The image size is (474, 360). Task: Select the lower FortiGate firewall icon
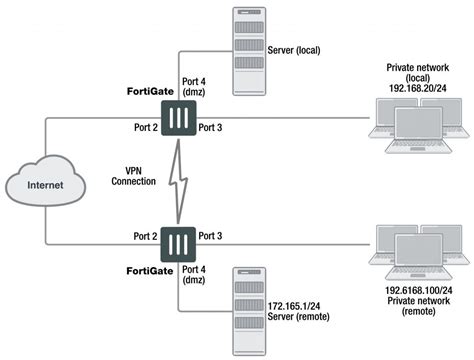coord(177,243)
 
